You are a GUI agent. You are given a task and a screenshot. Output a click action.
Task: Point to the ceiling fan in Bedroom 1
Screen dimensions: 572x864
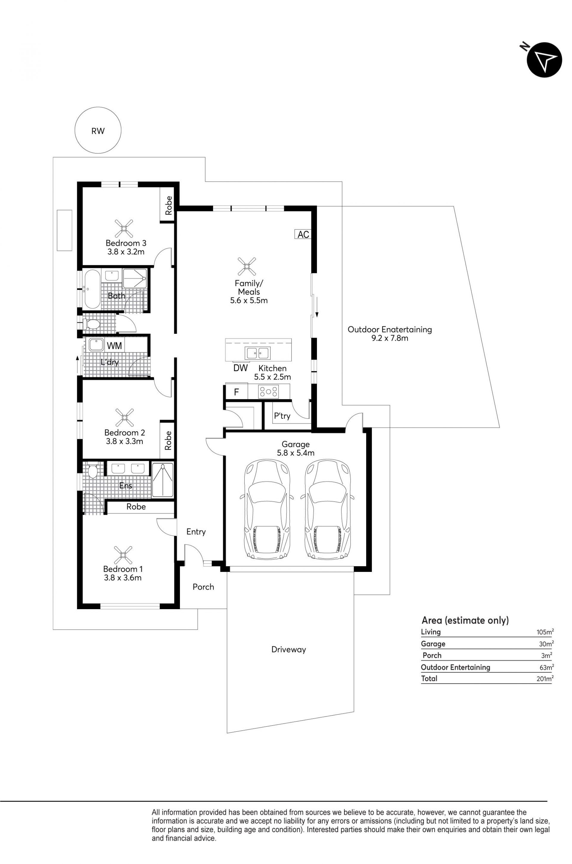(x=123, y=555)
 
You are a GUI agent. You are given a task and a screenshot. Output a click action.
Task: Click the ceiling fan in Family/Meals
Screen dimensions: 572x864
(x=247, y=266)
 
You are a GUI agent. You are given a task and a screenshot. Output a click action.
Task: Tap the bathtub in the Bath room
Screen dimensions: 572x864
(x=91, y=289)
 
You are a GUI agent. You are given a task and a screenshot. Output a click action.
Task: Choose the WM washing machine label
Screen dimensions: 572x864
(x=114, y=345)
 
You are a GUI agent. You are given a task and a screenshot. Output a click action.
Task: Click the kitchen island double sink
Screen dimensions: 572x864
(x=257, y=353)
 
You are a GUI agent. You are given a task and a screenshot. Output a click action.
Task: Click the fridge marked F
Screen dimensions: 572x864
(x=236, y=392)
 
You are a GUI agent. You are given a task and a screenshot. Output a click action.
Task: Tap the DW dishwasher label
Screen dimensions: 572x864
(x=240, y=368)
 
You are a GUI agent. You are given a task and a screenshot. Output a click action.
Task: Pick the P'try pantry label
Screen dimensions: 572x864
(x=282, y=416)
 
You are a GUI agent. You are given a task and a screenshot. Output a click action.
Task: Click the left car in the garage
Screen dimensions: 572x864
(x=267, y=510)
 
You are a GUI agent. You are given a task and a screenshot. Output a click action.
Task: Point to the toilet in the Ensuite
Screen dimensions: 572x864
(x=93, y=470)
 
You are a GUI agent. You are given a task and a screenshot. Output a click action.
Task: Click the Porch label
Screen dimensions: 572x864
(x=203, y=587)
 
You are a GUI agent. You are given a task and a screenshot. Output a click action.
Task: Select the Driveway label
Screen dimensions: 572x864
(x=289, y=649)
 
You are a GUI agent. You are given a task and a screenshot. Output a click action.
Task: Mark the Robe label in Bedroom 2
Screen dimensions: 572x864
(x=168, y=440)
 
